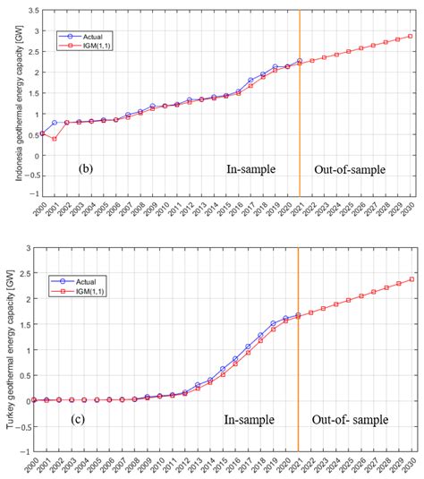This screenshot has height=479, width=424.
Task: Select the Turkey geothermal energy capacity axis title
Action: point(11,350)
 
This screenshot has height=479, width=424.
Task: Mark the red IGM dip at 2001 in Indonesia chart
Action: point(55,139)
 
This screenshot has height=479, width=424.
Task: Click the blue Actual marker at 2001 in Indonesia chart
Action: point(55,123)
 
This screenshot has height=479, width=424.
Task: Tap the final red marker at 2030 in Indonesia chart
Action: point(411,37)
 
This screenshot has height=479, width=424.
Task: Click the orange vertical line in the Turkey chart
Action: point(299,358)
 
